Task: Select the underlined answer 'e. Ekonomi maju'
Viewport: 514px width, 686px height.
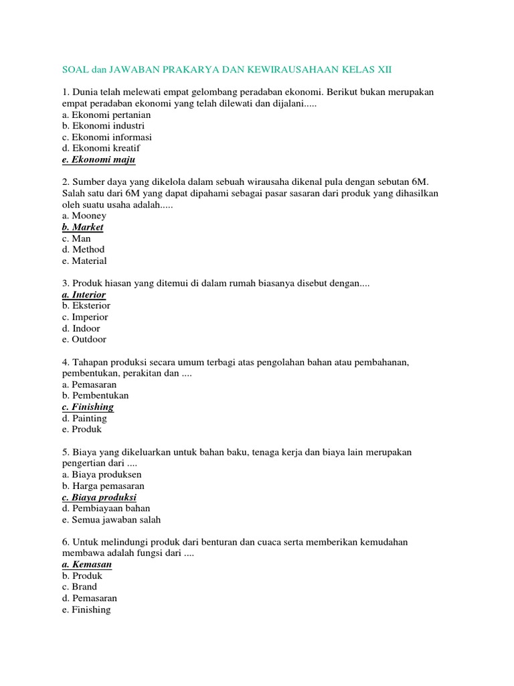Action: coord(98,159)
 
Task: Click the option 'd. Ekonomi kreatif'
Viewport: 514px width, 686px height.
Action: coord(101,148)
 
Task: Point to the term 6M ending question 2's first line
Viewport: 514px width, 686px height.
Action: coord(420,182)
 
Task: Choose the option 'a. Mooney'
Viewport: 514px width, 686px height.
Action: coord(84,216)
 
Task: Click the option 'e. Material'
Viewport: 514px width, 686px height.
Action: coord(84,261)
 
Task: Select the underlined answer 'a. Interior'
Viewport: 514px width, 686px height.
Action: coord(84,295)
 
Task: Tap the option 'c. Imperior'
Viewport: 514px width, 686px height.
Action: coord(85,317)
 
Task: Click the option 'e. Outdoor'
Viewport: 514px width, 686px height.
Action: coord(84,340)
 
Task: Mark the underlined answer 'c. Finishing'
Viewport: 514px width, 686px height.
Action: coord(88,407)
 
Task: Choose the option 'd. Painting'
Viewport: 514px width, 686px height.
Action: coord(84,418)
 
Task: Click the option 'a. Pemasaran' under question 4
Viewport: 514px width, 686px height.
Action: coord(89,385)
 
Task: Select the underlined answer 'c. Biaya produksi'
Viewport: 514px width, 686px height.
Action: coord(99,497)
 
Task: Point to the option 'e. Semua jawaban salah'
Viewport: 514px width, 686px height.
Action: coord(111,519)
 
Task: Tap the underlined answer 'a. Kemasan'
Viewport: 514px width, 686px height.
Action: coord(86,564)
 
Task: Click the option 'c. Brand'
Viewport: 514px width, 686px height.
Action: coord(80,587)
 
